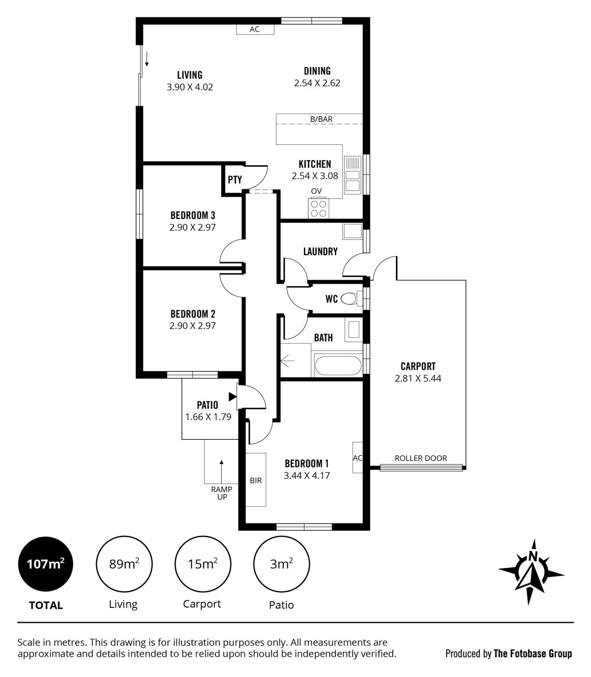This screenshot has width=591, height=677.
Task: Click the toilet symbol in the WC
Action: click(350, 298)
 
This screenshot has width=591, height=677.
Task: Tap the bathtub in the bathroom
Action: click(338, 365)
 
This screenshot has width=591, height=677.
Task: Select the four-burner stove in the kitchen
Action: click(319, 208)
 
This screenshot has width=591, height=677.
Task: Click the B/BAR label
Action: click(321, 119)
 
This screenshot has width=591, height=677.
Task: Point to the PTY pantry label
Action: click(234, 180)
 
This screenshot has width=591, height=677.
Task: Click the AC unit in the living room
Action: click(255, 29)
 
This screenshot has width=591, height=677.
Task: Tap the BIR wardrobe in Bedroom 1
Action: click(256, 479)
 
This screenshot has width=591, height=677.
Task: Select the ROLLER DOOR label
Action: click(421, 458)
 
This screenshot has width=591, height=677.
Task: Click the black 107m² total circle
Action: click(45, 564)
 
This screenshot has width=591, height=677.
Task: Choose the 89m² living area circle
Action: click(124, 564)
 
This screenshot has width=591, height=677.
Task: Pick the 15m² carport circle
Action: click(203, 564)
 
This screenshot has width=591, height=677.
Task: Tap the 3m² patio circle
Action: click(281, 564)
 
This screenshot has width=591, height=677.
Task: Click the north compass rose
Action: click(531, 571)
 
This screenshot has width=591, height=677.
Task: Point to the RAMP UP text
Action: click(222, 493)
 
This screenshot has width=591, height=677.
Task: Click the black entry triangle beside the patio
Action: click(233, 397)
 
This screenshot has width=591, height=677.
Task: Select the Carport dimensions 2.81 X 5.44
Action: click(418, 378)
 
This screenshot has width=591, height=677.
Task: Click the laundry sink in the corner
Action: click(352, 231)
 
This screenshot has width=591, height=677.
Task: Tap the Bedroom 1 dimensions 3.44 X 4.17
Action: click(307, 476)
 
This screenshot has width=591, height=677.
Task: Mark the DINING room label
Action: click(317, 71)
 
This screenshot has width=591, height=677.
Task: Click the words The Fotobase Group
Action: click(533, 653)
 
